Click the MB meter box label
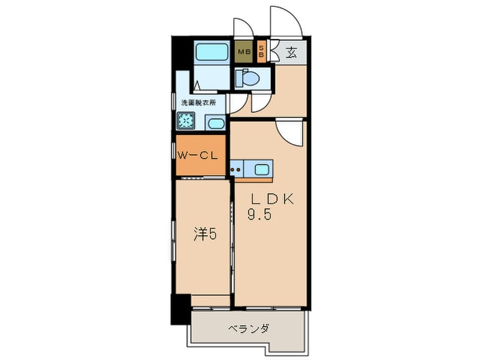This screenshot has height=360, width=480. click(x=245, y=51)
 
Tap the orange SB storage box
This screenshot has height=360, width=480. click(x=261, y=51)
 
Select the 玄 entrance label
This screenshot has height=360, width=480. click(x=291, y=53)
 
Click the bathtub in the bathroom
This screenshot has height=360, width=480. click(x=211, y=51)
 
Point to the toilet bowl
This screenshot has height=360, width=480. click(x=248, y=78)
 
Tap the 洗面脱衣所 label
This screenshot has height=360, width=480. click(x=198, y=103)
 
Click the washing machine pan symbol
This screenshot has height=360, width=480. click(x=186, y=121)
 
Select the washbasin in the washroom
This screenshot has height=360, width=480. click(x=215, y=123)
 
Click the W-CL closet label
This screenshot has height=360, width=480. click(x=197, y=156)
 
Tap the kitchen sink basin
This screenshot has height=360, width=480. click(x=261, y=169)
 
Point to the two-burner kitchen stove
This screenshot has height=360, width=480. click(x=237, y=169)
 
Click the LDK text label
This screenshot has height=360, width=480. click(x=272, y=199)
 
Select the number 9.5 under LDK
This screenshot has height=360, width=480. click(x=259, y=214)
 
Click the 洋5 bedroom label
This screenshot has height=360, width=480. click(x=205, y=235)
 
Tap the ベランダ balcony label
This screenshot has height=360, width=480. click(x=248, y=329)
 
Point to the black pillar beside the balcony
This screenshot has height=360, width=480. click(x=180, y=309)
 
